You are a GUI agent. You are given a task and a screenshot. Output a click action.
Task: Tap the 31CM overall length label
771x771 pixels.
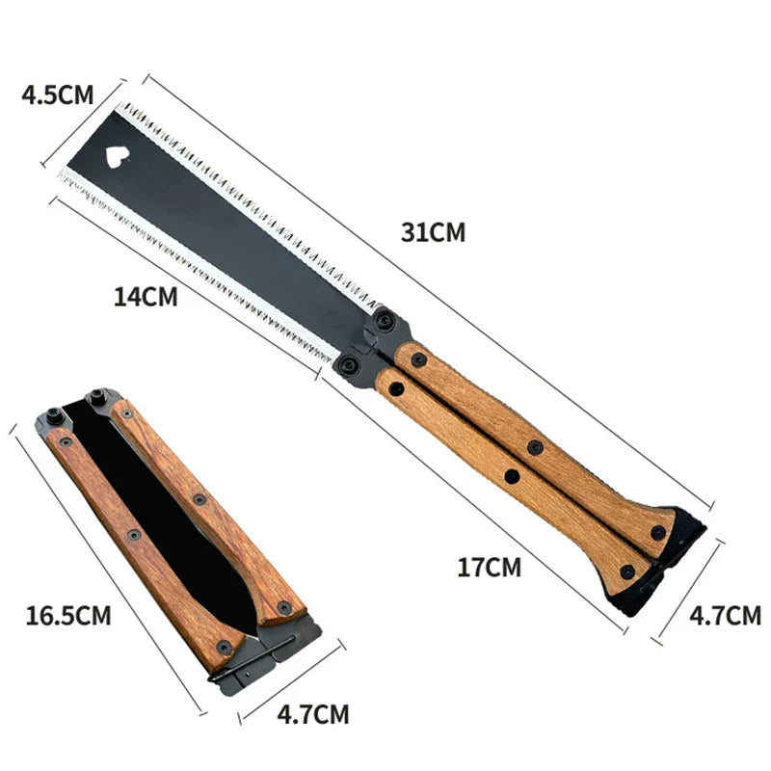tap(434, 232)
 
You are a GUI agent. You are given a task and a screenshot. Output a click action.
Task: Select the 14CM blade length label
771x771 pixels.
tap(146, 297)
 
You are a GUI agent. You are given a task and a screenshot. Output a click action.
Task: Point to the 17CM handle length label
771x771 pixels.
tap(489, 567)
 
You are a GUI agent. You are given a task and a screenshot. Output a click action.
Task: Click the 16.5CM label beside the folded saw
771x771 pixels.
tap(68, 615)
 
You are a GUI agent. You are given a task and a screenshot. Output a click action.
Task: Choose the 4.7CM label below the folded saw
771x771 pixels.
tap(312, 715)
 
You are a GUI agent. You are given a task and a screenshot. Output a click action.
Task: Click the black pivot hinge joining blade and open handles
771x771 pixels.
tap(371, 342)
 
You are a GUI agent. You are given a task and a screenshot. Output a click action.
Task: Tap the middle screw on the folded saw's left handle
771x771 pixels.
tap(134, 534)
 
